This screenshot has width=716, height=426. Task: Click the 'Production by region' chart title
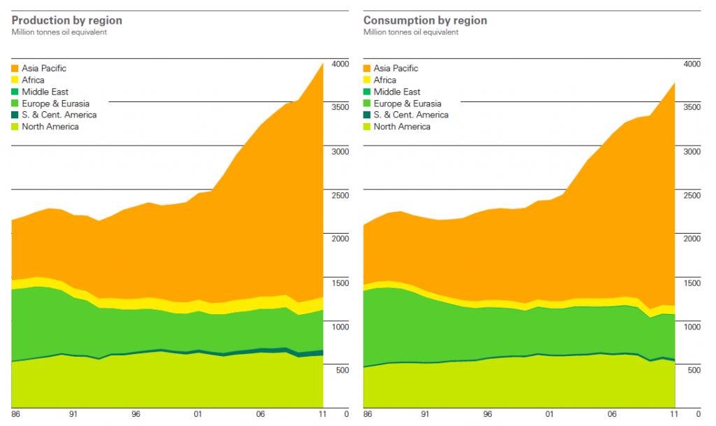click(x=66, y=20)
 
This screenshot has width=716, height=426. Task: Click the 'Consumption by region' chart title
click(x=425, y=20)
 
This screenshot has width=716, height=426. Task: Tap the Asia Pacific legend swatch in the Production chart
click(x=15, y=69)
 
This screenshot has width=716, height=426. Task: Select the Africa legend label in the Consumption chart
click(x=385, y=80)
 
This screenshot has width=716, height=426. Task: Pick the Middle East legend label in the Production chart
click(x=45, y=92)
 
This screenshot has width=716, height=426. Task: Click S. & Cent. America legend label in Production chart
click(x=59, y=115)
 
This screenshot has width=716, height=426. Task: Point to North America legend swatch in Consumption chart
click(x=367, y=127)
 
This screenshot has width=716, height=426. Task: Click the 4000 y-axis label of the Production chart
click(x=340, y=64)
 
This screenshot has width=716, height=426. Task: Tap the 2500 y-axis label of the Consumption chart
click(x=692, y=195)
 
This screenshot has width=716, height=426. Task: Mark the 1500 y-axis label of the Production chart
click(x=340, y=283)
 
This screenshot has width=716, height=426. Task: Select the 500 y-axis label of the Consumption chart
click(x=694, y=370)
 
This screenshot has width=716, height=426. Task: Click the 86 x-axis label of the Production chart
click(x=16, y=414)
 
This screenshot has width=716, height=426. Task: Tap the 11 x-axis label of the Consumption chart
click(x=674, y=414)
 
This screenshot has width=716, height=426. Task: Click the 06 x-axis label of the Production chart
click(x=260, y=414)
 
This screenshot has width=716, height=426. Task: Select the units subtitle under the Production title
click(x=59, y=32)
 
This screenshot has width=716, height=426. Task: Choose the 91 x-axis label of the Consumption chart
click(x=425, y=414)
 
